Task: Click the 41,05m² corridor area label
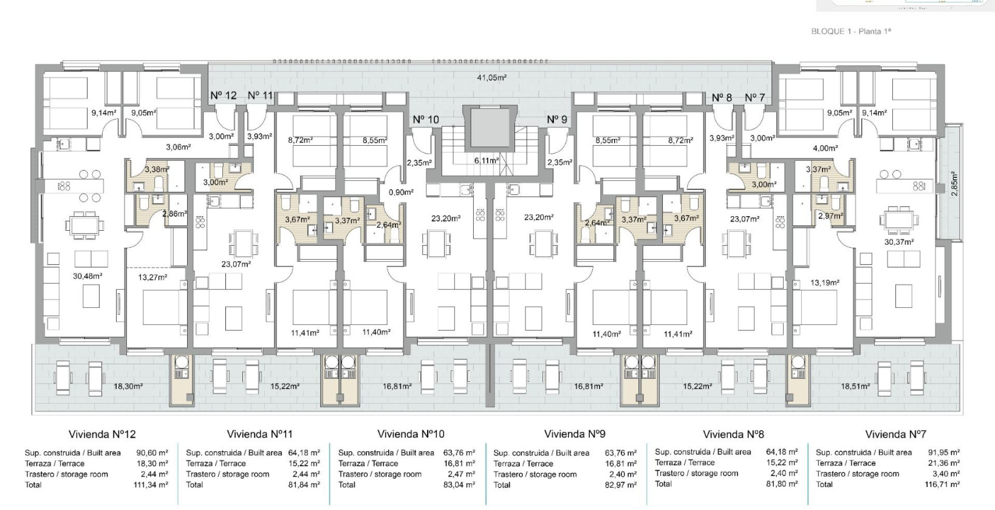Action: pyautogui.click(x=491, y=78)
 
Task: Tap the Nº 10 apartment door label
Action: pyautogui.click(x=426, y=120)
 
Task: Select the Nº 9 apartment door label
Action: pyautogui.click(x=557, y=120)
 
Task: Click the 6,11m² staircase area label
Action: pyautogui.click(x=486, y=161)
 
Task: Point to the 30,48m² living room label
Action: pyautogui.click(x=87, y=276)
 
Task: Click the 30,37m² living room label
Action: pyautogui.click(x=899, y=242)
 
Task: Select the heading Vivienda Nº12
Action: pyautogui.click(x=102, y=435)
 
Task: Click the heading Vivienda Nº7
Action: pyautogui.click(x=895, y=435)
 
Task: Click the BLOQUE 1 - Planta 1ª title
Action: pyautogui.click(x=850, y=32)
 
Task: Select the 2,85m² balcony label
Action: pyautogui.click(x=954, y=183)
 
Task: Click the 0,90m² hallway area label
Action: pyautogui.click(x=401, y=192)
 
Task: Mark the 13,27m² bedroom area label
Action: pyautogui.click(x=152, y=277)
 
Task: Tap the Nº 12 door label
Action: pyautogui.click(x=224, y=95)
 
